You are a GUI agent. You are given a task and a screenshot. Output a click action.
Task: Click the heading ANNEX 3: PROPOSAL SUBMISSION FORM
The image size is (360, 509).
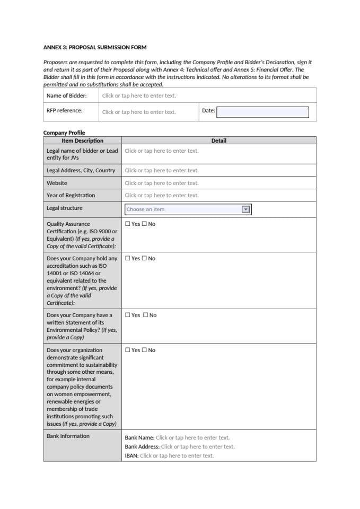pyautogui.click(x=95, y=47)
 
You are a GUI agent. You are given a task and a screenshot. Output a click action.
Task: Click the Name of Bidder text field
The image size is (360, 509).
pyautogui.click(x=139, y=95)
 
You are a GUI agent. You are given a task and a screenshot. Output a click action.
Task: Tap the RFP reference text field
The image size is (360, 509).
pyautogui.click(x=139, y=112)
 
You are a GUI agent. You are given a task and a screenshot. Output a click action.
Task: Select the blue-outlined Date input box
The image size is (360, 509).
pyautogui.click(x=262, y=112)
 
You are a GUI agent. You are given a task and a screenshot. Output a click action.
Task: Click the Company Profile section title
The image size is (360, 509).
pyautogui.click(x=64, y=133)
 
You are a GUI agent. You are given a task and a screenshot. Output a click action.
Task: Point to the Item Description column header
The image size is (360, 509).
pyautogui.click(x=82, y=141)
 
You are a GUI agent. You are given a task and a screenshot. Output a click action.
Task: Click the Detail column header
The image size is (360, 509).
pyautogui.click(x=218, y=141)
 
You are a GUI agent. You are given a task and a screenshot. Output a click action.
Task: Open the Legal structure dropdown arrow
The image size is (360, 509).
pyautogui.click(x=245, y=209)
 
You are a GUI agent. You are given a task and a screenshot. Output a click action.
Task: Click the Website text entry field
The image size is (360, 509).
pyautogui.click(x=162, y=183)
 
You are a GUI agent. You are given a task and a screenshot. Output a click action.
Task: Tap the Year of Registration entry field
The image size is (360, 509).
pyautogui.click(x=162, y=195)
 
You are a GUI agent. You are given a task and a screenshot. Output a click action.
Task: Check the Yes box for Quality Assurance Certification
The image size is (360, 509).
pyautogui.click(x=128, y=224)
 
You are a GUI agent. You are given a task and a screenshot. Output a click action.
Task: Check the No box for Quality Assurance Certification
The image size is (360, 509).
pyautogui.click(x=144, y=224)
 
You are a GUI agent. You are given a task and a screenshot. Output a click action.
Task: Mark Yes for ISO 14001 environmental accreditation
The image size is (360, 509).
pyautogui.click(x=128, y=258)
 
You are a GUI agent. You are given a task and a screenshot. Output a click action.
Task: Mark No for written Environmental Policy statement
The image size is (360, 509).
pyautogui.click(x=145, y=315)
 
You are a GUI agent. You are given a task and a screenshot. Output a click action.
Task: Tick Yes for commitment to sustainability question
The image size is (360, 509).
pyautogui.click(x=128, y=350)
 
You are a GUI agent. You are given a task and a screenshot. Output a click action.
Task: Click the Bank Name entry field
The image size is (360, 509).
pyautogui.click(x=192, y=437)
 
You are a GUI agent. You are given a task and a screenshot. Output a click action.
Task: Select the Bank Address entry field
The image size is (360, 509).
pyautogui.click(x=197, y=446)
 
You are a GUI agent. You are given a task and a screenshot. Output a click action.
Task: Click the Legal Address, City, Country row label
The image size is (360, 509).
pyautogui.click(x=81, y=170)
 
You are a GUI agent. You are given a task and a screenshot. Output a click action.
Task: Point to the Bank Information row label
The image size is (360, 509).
pyautogui.click(x=68, y=436)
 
